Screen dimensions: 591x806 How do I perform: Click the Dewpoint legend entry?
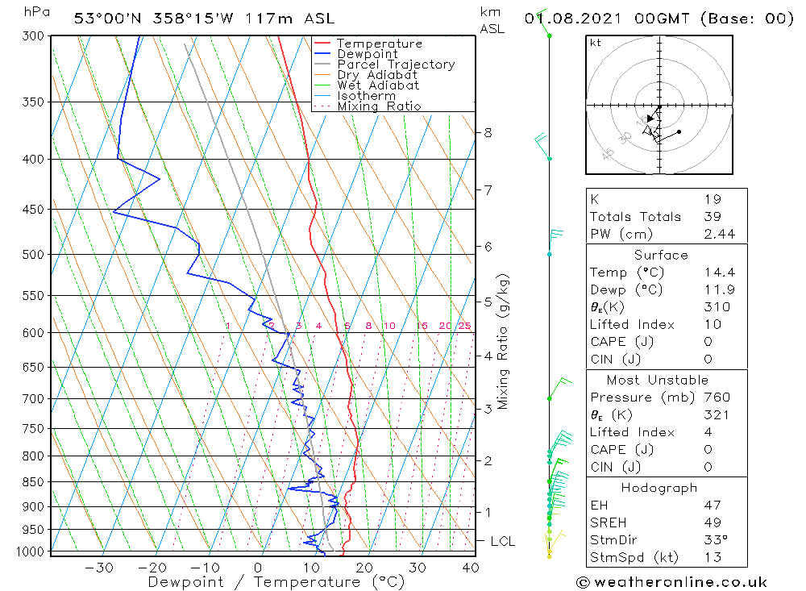[367, 54]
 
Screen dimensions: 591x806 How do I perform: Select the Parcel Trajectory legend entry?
[396, 65]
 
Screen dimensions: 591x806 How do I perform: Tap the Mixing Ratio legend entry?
[379, 106]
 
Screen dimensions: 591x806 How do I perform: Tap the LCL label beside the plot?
[502, 542]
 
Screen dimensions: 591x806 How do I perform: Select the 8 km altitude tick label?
[488, 132]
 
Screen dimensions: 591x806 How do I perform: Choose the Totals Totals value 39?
[713, 216]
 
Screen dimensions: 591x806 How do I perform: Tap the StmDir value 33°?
[714, 539]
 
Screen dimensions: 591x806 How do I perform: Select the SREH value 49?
[713, 522]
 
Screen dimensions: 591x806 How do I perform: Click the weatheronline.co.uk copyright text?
[671, 582]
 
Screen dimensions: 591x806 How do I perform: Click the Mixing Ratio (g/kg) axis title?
[503, 341]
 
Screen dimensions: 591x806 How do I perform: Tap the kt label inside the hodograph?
[595, 43]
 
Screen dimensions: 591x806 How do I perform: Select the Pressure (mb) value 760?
[717, 397]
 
